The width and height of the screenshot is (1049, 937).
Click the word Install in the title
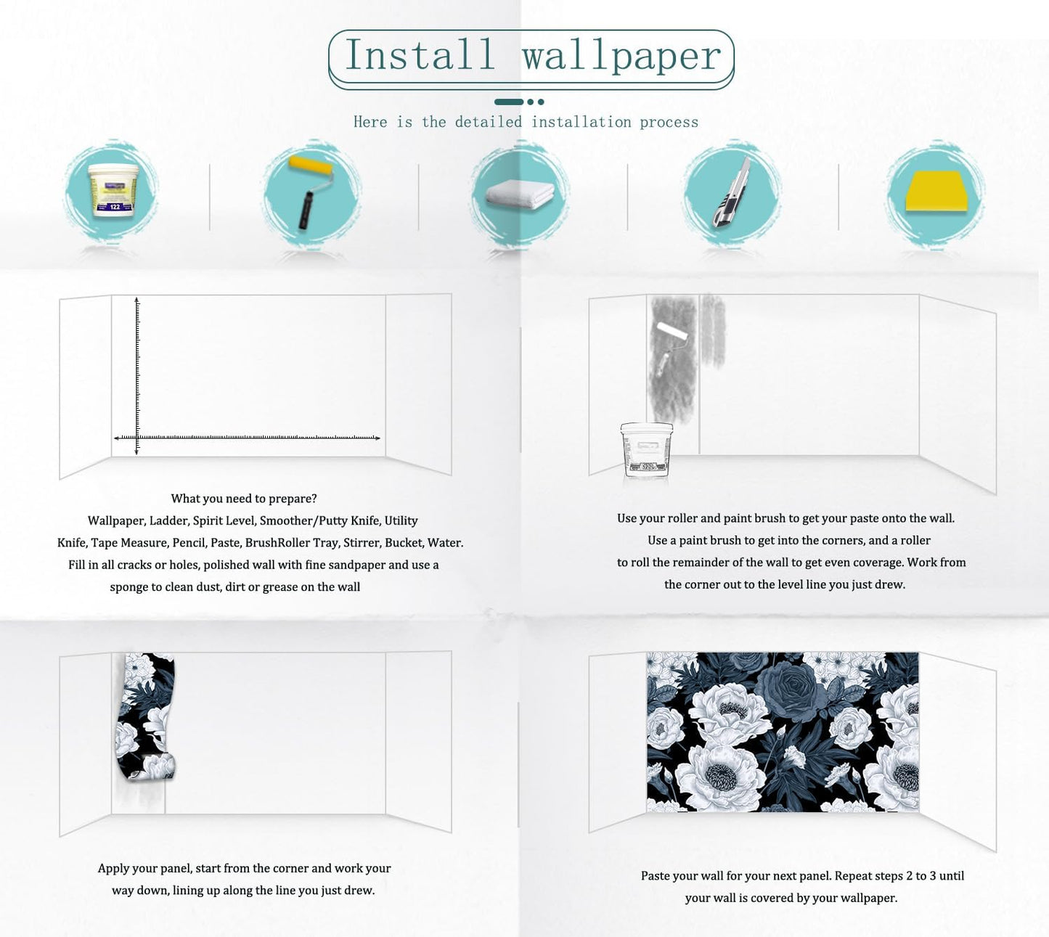pos(420,56)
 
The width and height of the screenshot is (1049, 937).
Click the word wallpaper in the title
pos(621,57)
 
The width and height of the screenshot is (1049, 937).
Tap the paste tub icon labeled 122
pos(113,190)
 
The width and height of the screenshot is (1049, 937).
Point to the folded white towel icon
pos(519,194)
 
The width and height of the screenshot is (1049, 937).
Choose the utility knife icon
pos(731,193)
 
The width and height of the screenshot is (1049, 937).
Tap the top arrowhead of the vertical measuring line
pos(136,300)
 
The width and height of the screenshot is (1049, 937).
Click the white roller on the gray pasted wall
pos(672,332)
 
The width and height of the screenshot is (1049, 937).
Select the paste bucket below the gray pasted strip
pos(646,450)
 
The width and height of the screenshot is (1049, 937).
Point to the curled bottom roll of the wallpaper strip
pos(158,767)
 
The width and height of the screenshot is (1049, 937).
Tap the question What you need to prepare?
pos(243,499)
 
